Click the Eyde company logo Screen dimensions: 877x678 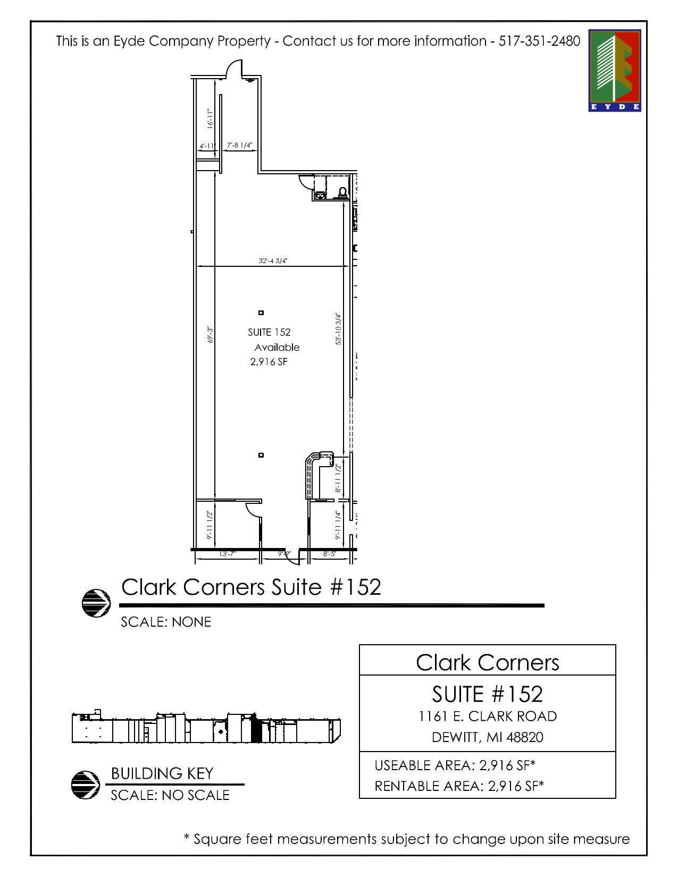click(614, 70)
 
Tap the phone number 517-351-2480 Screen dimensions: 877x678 click(539, 41)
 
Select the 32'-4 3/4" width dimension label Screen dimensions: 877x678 click(273, 260)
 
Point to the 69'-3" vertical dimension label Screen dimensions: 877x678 click(211, 335)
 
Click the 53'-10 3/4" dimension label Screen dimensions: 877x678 click(339, 329)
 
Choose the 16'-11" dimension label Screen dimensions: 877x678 click(210, 119)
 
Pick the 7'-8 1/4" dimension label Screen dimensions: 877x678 click(239, 145)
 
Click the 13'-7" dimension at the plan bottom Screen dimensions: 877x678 click(227, 554)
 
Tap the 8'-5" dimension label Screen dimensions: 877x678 click(330, 554)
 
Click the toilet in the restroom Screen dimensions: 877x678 click(343, 192)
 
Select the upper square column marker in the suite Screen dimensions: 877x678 click(261, 313)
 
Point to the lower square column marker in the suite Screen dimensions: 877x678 click(261, 455)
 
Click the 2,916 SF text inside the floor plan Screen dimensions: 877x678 click(269, 362)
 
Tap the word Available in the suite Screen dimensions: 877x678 click(277, 347)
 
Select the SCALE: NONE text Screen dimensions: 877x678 click(166, 622)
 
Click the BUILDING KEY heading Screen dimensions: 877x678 click(162, 773)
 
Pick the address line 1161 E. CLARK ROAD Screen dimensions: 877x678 click(488, 716)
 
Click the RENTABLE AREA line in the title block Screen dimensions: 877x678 click(459, 786)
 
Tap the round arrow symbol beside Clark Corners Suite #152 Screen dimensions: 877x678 click(96, 603)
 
